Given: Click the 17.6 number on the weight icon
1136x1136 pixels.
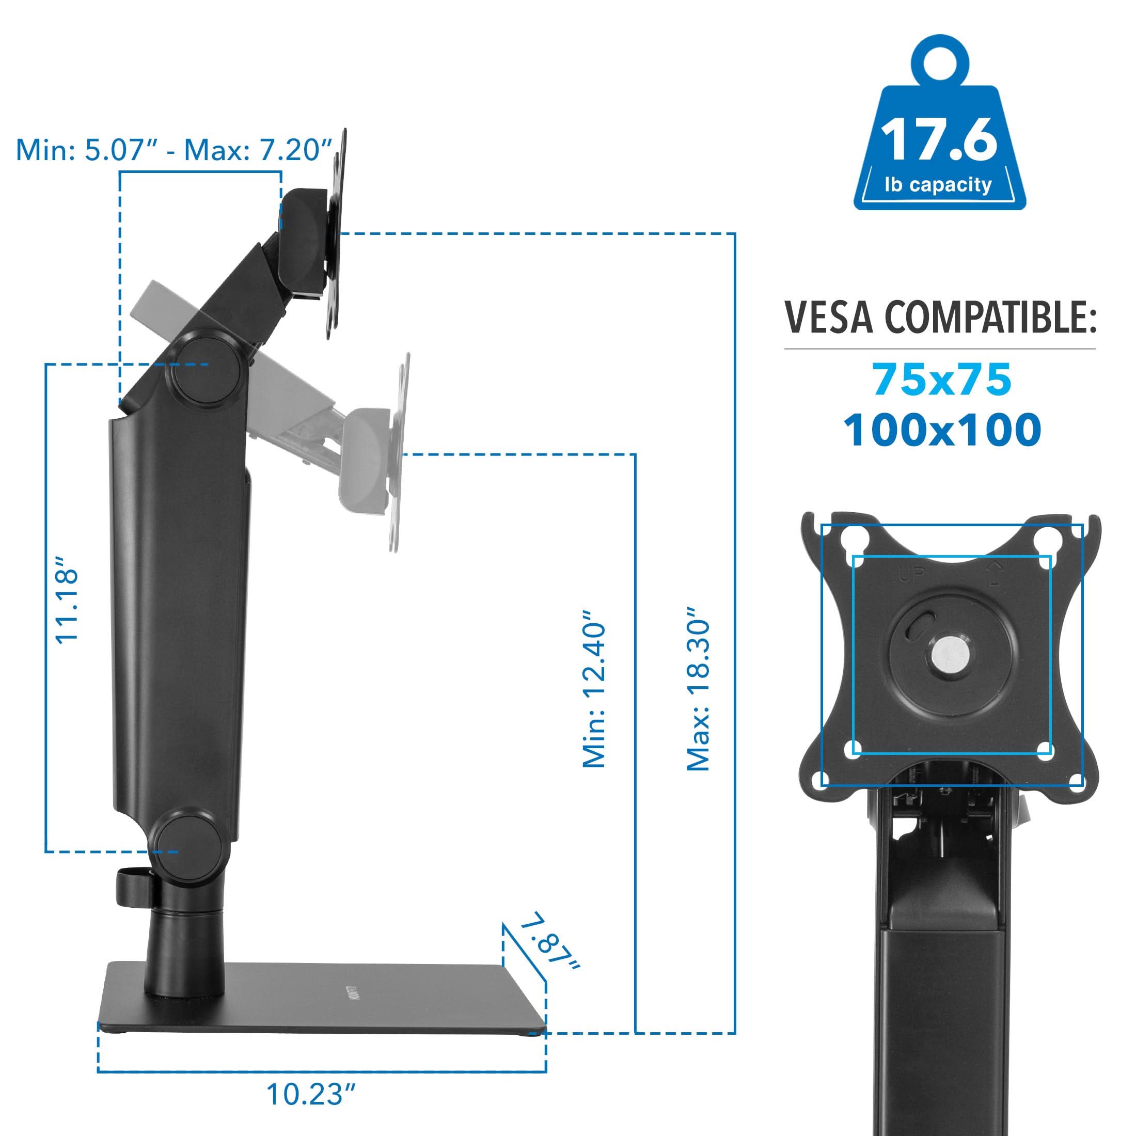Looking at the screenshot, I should point(939,140).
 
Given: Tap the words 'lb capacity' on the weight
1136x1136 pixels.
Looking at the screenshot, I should point(938,185).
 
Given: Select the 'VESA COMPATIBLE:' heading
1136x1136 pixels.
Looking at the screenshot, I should point(940,318).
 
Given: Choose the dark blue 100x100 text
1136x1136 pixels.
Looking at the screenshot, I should point(942,431).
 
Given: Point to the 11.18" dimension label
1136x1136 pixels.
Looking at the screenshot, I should point(67,606).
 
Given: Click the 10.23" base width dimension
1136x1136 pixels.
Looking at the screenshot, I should point(312,1094).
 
